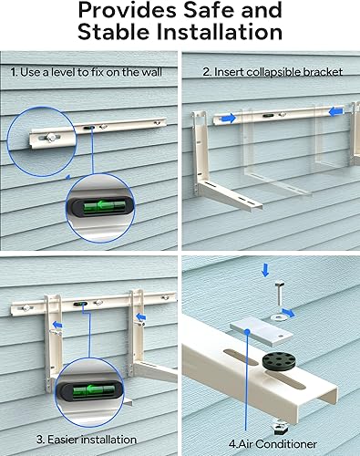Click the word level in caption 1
click(x=76, y=72)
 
